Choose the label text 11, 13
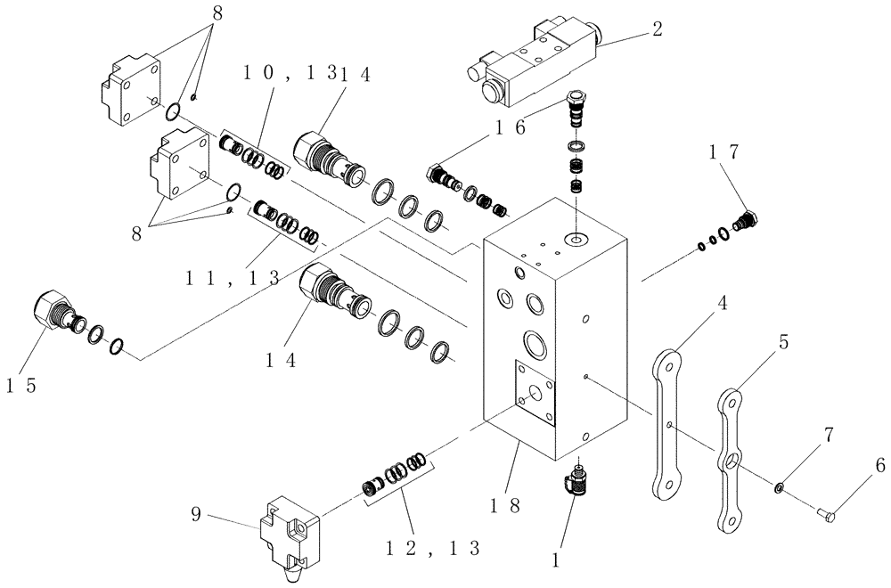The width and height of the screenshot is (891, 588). [233, 278]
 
